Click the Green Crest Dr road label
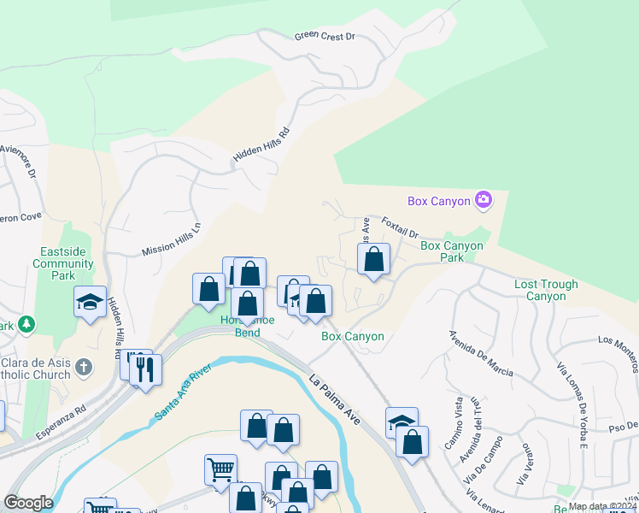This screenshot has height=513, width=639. point(324,37)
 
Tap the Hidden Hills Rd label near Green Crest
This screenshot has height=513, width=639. point(262,147)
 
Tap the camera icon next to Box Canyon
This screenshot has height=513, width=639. point(484,200)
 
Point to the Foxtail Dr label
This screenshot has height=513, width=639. point(400,227)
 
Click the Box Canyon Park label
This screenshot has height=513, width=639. point(452,251)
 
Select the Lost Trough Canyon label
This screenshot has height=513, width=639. point(546,290)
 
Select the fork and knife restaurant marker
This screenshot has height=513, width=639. point(145,369)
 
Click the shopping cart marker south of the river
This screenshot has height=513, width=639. point(220,469)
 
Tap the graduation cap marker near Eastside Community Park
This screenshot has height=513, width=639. point(90,302)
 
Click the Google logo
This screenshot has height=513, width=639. point(29,503)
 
